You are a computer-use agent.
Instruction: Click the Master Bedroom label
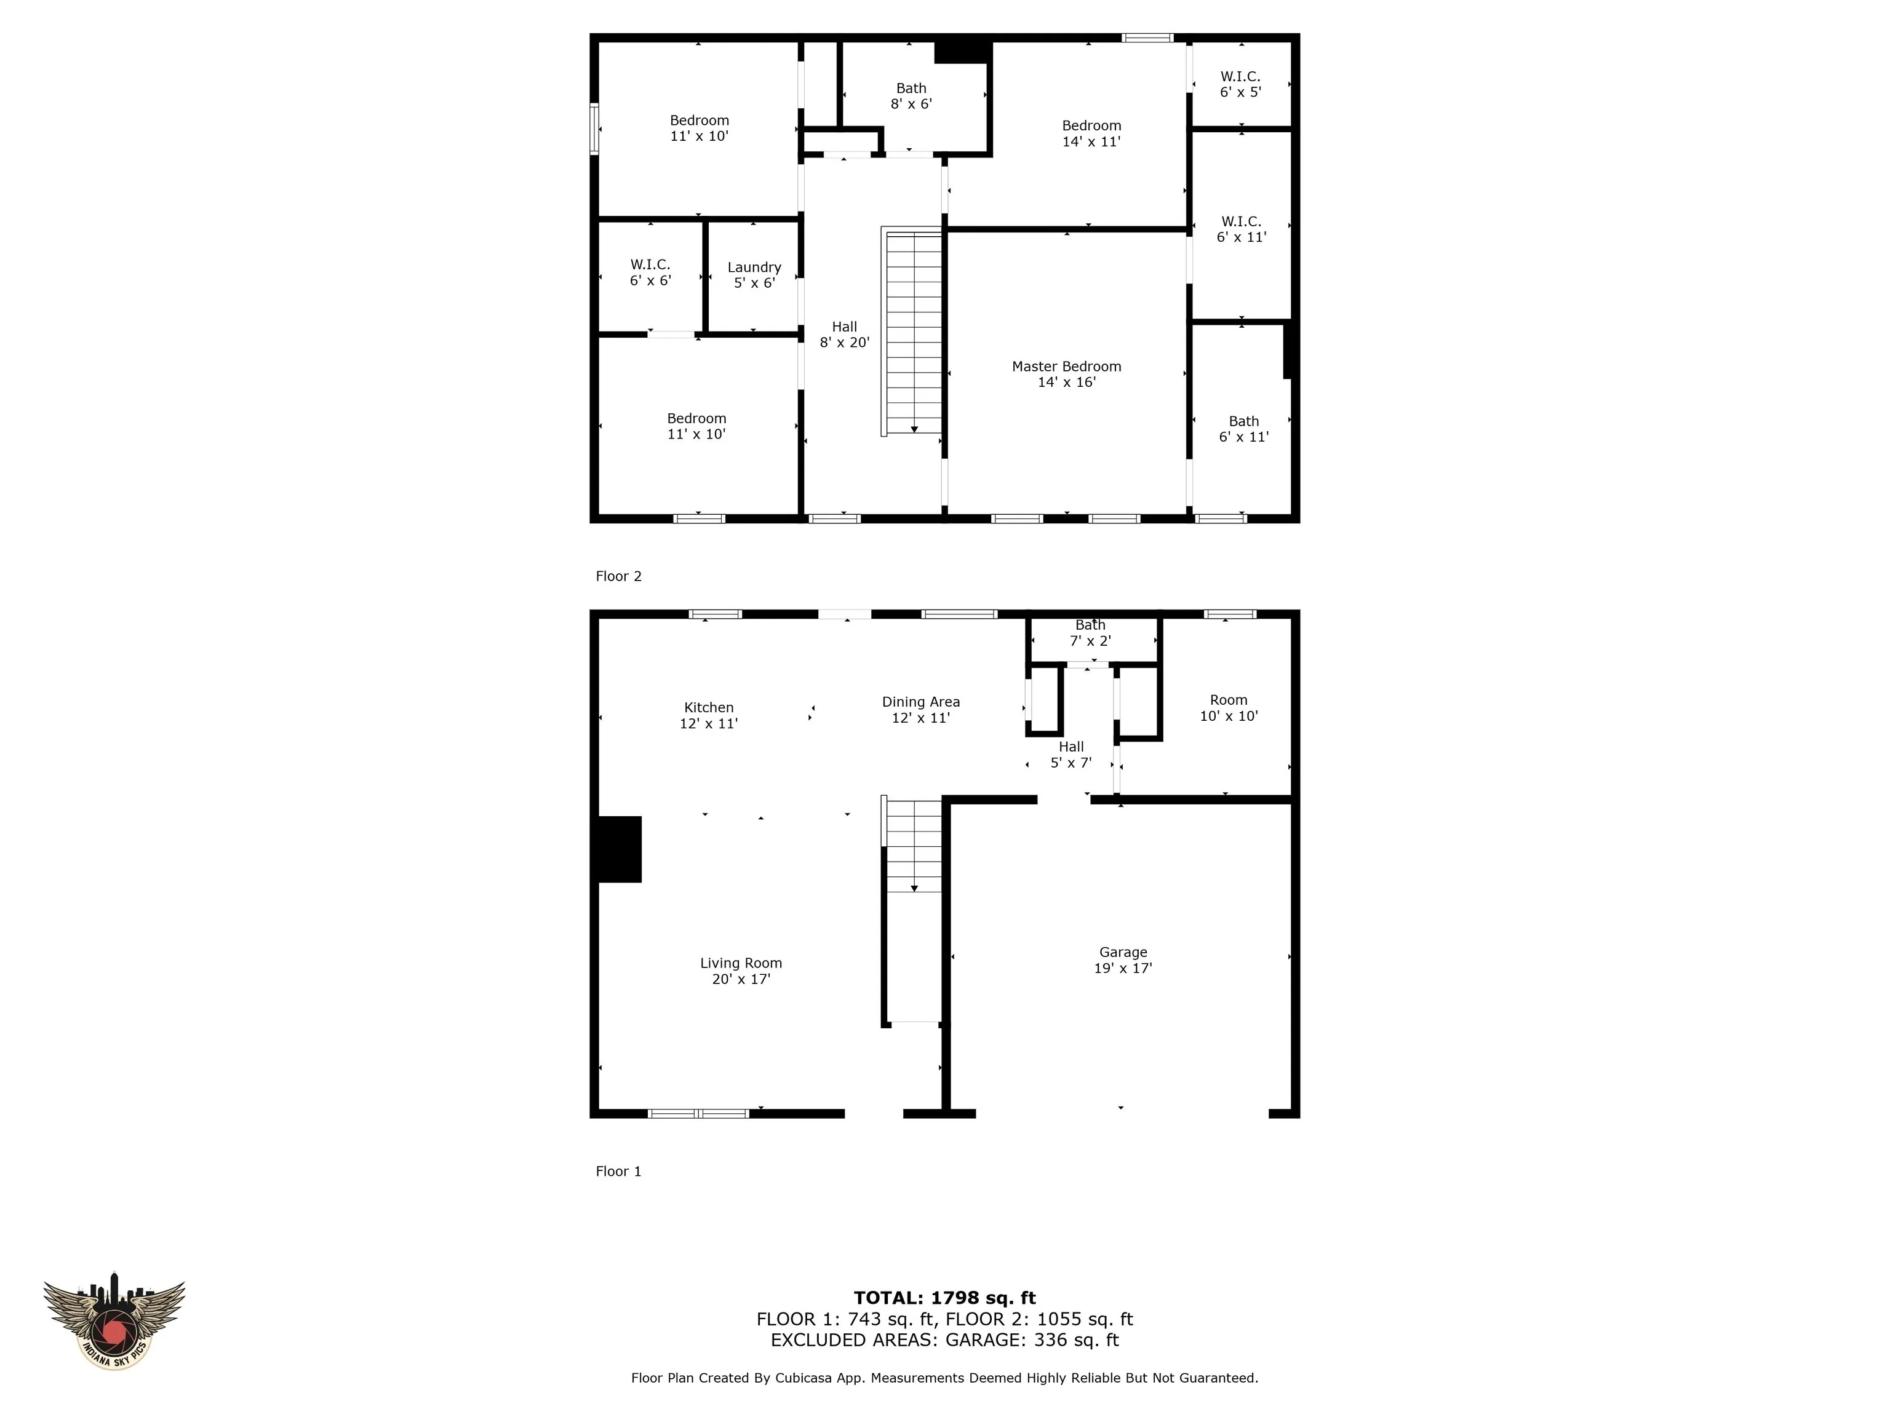pyautogui.click(x=1066, y=374)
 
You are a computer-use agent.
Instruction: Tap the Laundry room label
pyautogui.click(x=754, y=275)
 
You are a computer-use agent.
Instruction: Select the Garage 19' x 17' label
pyautogui.click(x=1123, y=960)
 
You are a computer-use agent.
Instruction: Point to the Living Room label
pyautogui.click(x=741, y=971)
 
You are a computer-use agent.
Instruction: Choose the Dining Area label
pyautogui.click(x=921, y=710)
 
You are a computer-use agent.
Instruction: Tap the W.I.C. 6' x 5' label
pyautogui.click(x=1241, y=84)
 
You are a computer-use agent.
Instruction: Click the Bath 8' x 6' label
pyautogui.click(x=911, y=96)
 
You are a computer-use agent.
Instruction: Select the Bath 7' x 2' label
pyautogui.click(x=1090, y=633)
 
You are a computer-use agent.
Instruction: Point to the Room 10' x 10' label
pyautogui.click(x=1229, y=708)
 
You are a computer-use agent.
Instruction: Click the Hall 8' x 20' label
pyautogui.click(x=844, y=335)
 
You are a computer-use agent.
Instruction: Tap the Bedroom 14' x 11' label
pyautogui.click(x=1091, y=133)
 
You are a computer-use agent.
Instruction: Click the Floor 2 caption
pyautogui.click(x=618, y=576)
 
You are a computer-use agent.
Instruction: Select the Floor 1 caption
pyautogui.click(x=618, y=1172)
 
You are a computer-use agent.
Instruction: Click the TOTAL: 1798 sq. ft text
pyautogui.click(x=945, y=1298)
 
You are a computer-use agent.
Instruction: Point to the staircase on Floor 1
pyautogui.click(x=912, y=910)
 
